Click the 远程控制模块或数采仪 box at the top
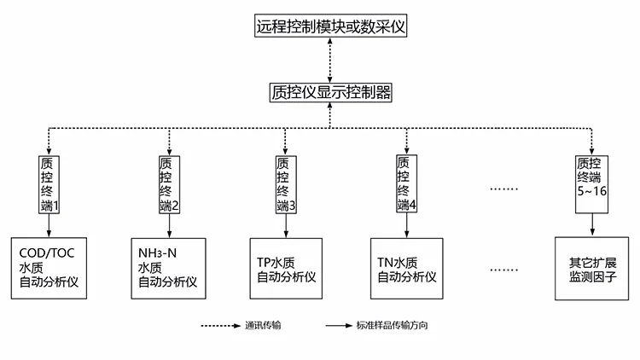pyautogui.click(x=331, y=26)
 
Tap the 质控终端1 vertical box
pyautogui.click(x=49, y=183)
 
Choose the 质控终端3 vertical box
pyautogui.click(x=287, y=183)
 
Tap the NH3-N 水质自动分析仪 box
pyautogui.click(x=168, y=267)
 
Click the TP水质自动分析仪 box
pyautogui.click(x=287, y=267)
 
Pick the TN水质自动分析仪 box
pyautogui.click(x=406, y=267)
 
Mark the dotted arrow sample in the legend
pyautogui.click(x=219, y=327)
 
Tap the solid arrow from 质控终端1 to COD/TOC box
pyautogui.click(x=49, y=224)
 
